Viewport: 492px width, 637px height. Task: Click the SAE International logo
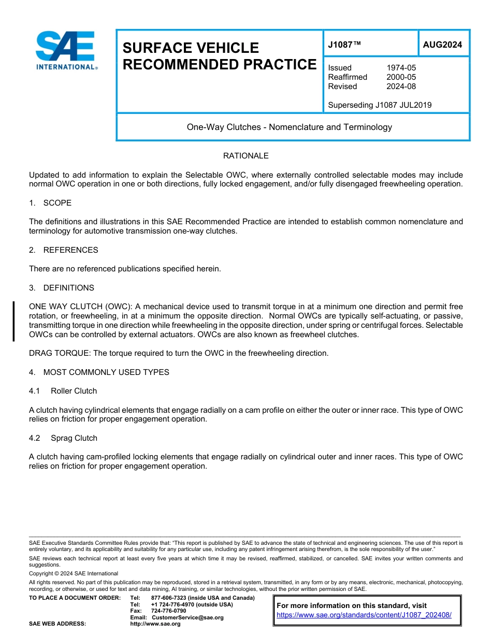[x=66, y=50]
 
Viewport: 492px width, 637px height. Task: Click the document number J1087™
[x=344, y=45]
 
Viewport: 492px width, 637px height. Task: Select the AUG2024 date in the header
[x=442, y=45]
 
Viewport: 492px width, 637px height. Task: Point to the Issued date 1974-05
[x=401, y=68]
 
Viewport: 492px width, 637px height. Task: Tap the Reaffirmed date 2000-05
[x=401, y=77]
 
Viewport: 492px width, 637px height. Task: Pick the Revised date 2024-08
[x=401, y=86]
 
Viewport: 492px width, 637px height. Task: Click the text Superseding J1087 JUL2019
[x=380, y=105]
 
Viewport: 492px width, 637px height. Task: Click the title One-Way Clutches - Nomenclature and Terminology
[x=290, y=127]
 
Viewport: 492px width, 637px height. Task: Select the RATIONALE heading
[x=245, y=156]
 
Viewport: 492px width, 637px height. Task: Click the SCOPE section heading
[x=57, y=203]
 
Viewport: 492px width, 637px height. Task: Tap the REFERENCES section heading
[x=70, y=250]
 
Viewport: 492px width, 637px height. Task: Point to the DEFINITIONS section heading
[x=68, y=288]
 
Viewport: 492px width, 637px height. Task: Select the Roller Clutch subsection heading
[x=74, y=391]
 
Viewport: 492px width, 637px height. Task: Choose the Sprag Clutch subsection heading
[x=74, y=438]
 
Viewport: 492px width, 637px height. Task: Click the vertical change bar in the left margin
[x=13, y=321]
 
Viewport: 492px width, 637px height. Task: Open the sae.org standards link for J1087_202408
[x=364, y=615]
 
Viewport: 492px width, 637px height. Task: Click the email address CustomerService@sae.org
[x=187, y=617]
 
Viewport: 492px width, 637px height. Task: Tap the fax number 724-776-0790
[x=168, y=611]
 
